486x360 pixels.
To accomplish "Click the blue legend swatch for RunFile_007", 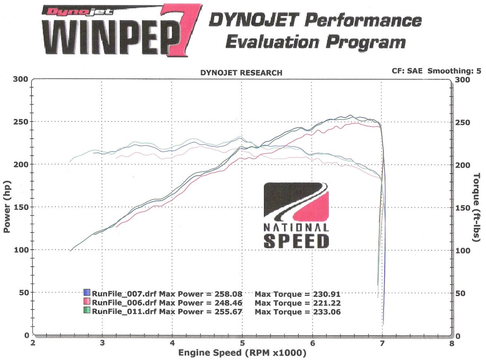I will point(87,293).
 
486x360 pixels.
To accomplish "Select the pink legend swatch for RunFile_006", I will point(87,302).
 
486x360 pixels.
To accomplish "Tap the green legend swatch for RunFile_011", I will point(87,310).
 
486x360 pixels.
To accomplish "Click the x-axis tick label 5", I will point(242,343).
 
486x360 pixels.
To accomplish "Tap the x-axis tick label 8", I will point(452,343).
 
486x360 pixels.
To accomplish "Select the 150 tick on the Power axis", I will point(21,207).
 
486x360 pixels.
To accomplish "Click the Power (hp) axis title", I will point(7,207).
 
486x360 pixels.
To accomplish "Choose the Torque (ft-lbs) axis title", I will point(476,207).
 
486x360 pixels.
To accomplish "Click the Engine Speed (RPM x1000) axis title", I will point(242,353).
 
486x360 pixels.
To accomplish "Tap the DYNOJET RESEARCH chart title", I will point(241,73).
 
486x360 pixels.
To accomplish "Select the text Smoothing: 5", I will point(454,71).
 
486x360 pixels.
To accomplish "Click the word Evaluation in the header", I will point(272,42).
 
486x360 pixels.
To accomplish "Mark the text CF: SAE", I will point(407,71).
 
